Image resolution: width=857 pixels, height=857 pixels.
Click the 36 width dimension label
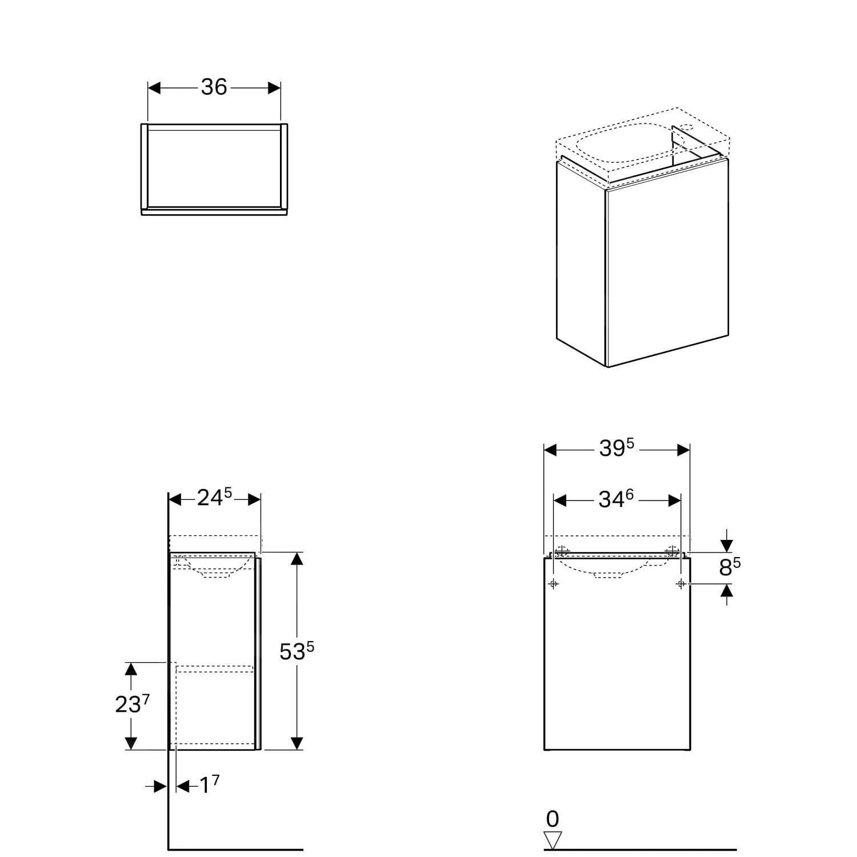pyautogui.click(x=214, y=87)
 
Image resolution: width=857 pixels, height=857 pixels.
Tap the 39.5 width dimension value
pyautogui.click(x=617, y=448)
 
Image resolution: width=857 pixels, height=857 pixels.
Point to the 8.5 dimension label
pyautogui.click(x=730, y=567)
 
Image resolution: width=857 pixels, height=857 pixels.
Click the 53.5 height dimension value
pyautogui.click(x=297, y=651)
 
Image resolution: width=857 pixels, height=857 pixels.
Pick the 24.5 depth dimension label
pyautogui.click(x=214, y=498)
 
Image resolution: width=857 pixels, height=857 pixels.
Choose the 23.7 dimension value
pyautogui.click(x=132, y=704)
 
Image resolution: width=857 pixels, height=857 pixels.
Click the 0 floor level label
pyautogui.click(x=552, y=819)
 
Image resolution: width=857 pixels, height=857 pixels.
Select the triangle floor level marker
pyautogui.click(x=552, y=840)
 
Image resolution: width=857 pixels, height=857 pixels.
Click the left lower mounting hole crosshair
pyautogui.click(x=553, y=583)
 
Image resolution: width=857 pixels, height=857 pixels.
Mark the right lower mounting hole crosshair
pyautogui.click(x=680, y=583)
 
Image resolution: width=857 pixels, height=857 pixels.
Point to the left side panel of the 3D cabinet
pyautogui.click(x=581, y=263)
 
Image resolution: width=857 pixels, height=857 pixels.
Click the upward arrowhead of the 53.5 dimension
pyautogui.click(x=296, y=559)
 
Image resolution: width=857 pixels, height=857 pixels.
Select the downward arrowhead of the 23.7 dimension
pyautogui.click(x=131, y=743)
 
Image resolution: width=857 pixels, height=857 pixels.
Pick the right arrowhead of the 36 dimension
pyautogui.click(x=274, y=87)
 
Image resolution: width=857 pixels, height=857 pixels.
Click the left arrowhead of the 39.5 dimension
pyautogui.click(x=550, y=450)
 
